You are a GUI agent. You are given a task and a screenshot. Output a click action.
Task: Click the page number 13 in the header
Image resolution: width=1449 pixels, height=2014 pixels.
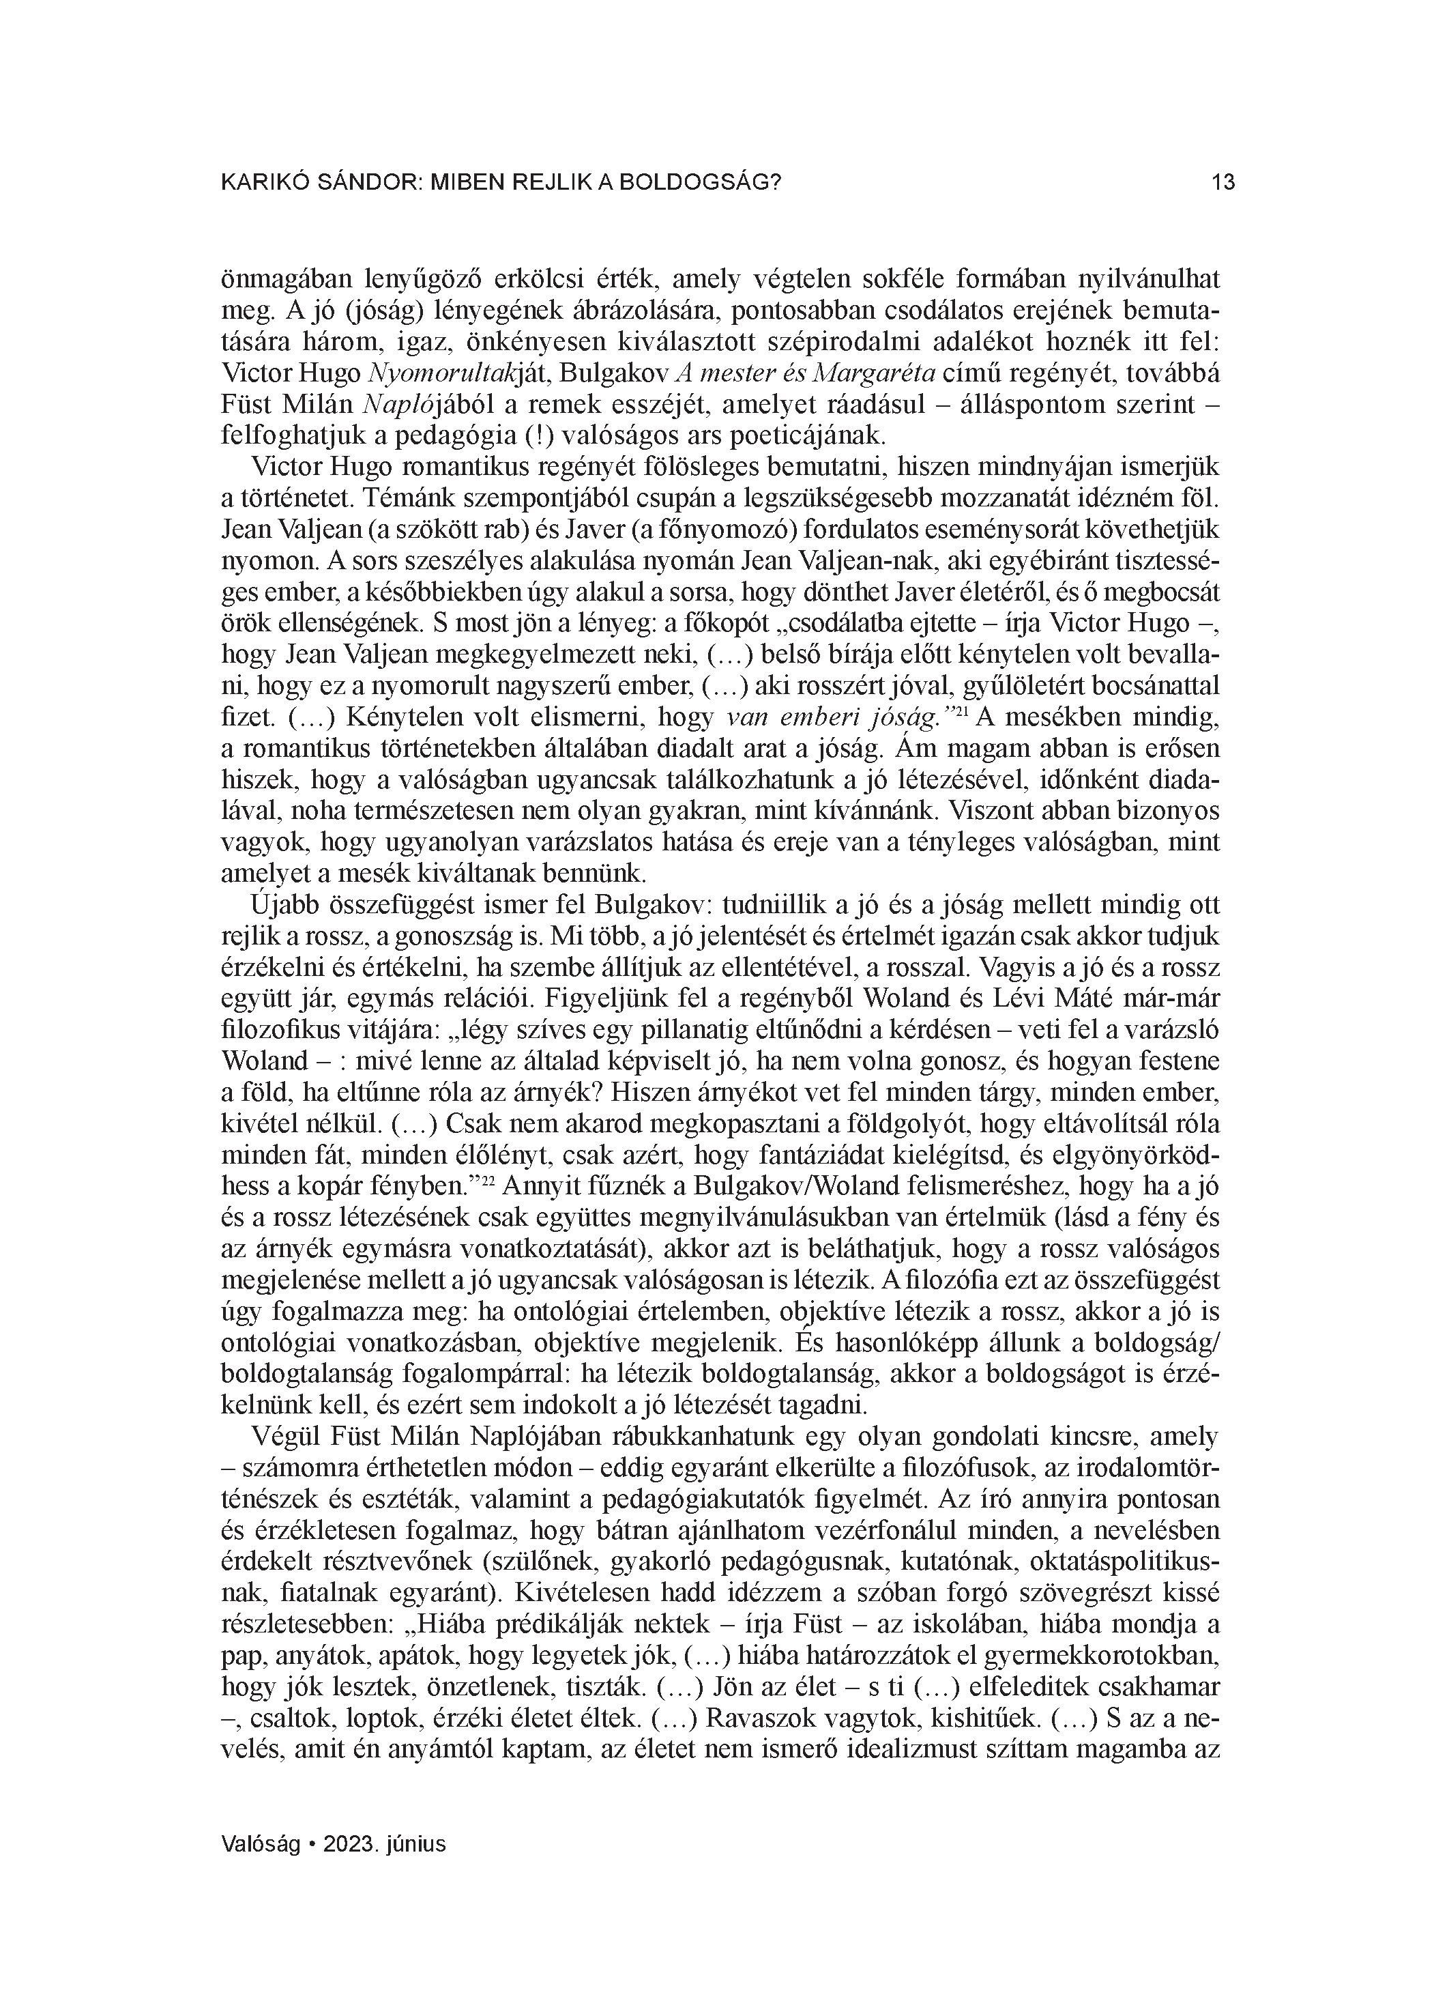1223,183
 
